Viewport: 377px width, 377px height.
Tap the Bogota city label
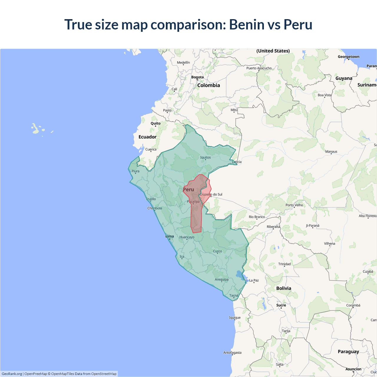click(x=197, y=77)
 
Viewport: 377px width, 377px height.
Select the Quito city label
click(x=156, y=123)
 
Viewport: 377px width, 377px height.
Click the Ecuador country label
click(x=148, y=137)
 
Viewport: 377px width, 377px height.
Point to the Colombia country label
click(x=209, y=85)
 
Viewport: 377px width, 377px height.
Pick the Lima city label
click(x=170, y=236)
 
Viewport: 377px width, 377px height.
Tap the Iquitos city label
click(x=205, y=157)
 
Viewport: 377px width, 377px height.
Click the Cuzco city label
click(x=217, y=251)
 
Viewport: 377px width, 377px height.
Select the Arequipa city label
click(x=221, y=280)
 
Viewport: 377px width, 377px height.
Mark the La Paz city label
click(x=254, y=280)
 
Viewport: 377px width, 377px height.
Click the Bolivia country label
click(x=284, y=288)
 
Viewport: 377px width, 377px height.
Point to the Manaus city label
click(x=331, y=152)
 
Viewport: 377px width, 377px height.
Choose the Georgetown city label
click(x=348, y=57)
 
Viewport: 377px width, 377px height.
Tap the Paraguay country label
click(x=348, y=352)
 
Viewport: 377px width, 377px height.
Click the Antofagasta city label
click(x=232, y=353)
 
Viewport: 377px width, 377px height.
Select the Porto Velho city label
click(x=294, y=205)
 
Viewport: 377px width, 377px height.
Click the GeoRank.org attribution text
click(x=12, y=374)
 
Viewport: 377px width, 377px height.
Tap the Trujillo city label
click(x=151, y=199)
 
